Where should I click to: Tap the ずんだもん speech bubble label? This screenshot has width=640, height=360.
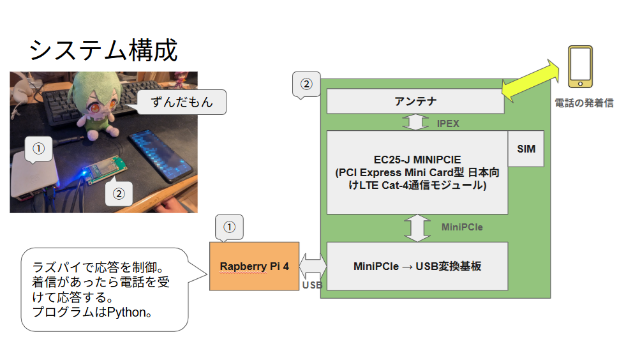[x=181, y=101]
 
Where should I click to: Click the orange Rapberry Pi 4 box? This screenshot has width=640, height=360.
[x=254, y=266]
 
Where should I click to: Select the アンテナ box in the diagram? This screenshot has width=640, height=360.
[x=415, y=101]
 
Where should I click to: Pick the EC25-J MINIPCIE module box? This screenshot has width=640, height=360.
[x=417, y=172]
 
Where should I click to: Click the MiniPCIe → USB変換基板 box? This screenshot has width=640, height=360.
[x=417, y=266]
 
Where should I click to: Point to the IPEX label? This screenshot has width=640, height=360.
[x=448, y=123]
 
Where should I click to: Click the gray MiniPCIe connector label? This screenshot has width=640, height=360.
[x=462, y=227]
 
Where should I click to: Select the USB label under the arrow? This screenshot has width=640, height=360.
[x=312, y=285]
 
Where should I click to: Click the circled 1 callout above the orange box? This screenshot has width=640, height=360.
[x=230, y=227]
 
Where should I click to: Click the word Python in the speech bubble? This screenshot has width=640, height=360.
[x=126, y=313]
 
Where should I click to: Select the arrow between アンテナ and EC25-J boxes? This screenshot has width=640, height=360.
[x=415, y=122]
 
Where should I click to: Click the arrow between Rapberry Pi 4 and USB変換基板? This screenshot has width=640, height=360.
[x=313, y=265]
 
